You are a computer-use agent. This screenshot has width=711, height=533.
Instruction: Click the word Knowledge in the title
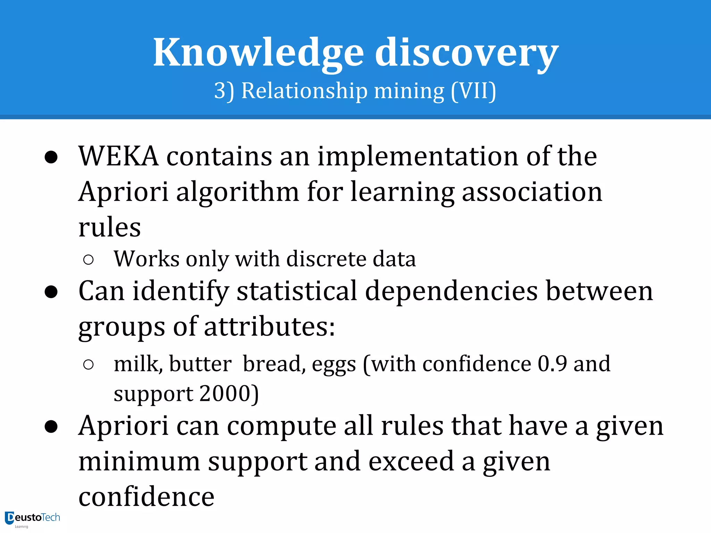tap(258, 53)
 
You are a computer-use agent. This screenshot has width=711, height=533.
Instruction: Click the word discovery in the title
tap(467, 53)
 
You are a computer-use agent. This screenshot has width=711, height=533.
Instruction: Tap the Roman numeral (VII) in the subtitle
tap(474, 91)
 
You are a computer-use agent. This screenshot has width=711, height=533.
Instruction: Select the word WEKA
tap(118, 156)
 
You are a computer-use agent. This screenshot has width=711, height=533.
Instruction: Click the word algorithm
tap(237, 192)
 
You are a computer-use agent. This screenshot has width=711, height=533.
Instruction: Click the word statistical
tap(297, 291)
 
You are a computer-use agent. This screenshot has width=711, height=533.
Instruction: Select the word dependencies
tap(451, 291)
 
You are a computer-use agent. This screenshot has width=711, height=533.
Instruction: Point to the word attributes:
tap(269, 327)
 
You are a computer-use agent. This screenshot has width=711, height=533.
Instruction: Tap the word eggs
tap(334, 365)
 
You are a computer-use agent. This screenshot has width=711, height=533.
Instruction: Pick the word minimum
tap(139, 462)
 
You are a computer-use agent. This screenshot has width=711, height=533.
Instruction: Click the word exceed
tap(411, 462)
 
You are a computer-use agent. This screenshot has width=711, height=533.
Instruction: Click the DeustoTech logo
tap(33, 518)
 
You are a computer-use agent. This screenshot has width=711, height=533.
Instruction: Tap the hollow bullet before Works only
tap(89, 260)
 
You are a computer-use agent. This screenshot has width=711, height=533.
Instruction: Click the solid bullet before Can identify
tap(51, 291)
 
